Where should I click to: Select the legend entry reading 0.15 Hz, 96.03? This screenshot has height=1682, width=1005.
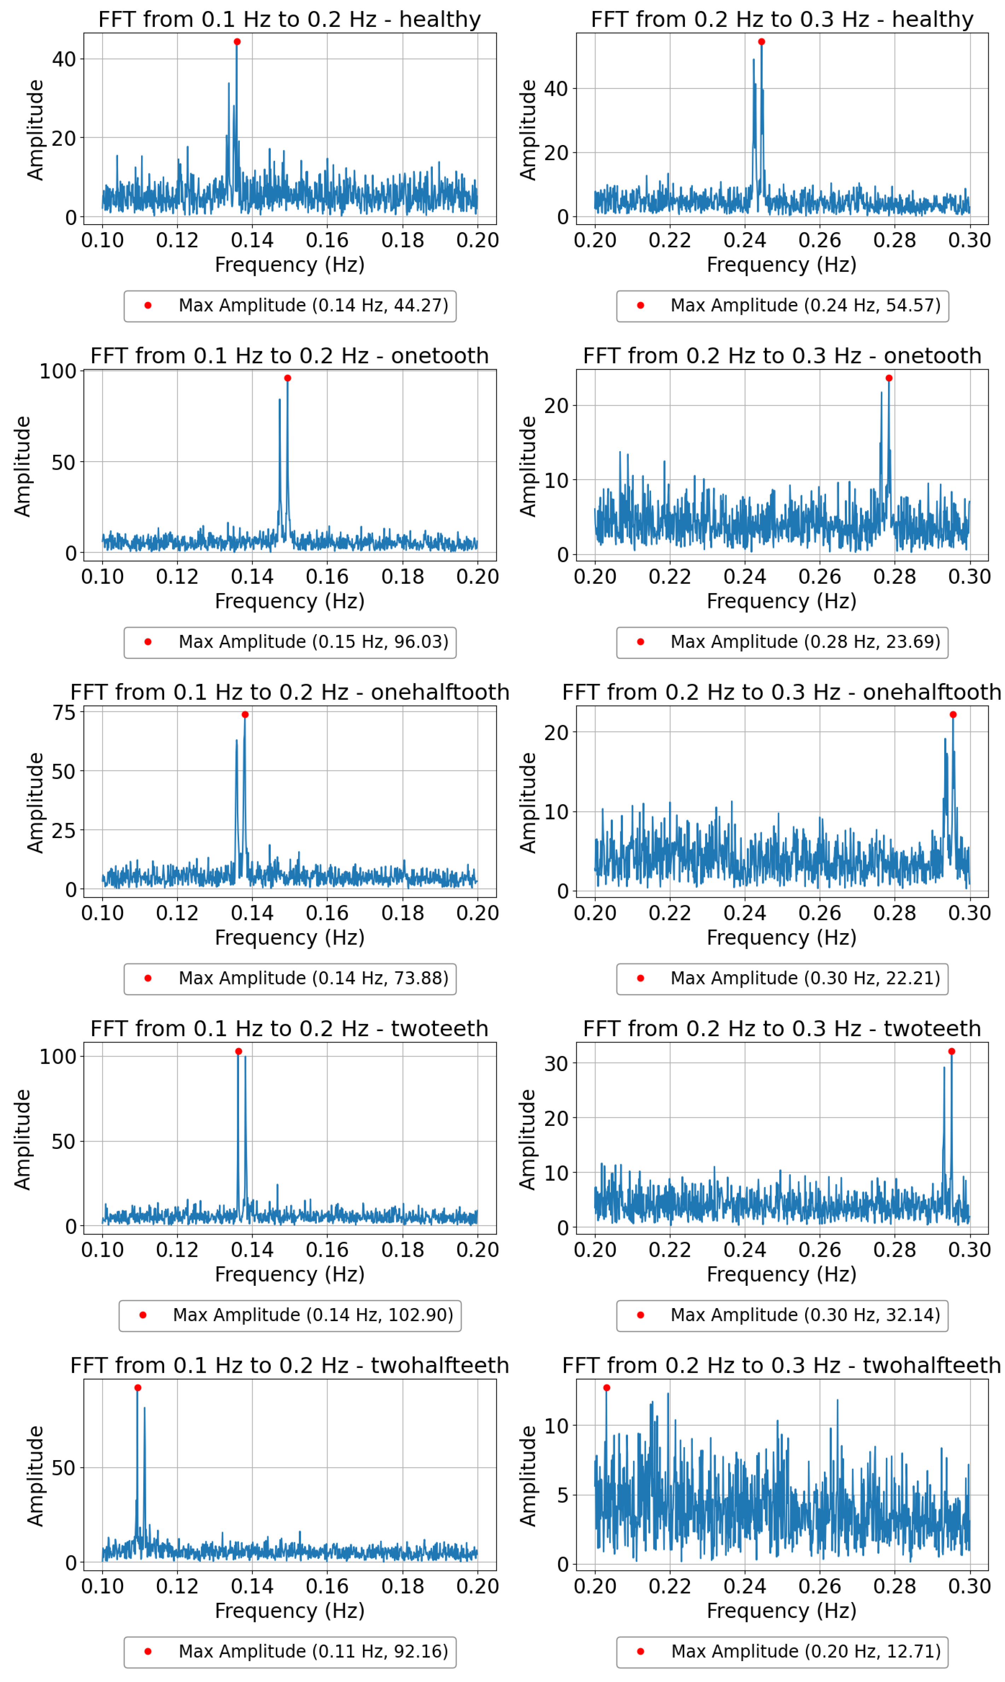click(290, 642)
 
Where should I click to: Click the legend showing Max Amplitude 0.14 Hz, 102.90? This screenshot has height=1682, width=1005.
click(290, 1315)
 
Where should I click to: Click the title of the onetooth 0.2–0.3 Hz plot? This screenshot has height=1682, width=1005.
click(782, 356)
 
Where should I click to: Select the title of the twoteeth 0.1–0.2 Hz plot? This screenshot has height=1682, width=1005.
click(290, 1028)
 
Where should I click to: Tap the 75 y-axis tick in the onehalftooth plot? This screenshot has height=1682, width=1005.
click(64, 713)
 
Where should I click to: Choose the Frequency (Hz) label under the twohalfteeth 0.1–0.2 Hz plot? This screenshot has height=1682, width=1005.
click(290, 1610)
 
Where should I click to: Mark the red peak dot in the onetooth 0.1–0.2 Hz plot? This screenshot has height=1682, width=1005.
click(288, 378)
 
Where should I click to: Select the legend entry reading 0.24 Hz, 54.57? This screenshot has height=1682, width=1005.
click(782, 306)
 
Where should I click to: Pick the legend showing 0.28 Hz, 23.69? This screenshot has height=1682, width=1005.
click(782, 642)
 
